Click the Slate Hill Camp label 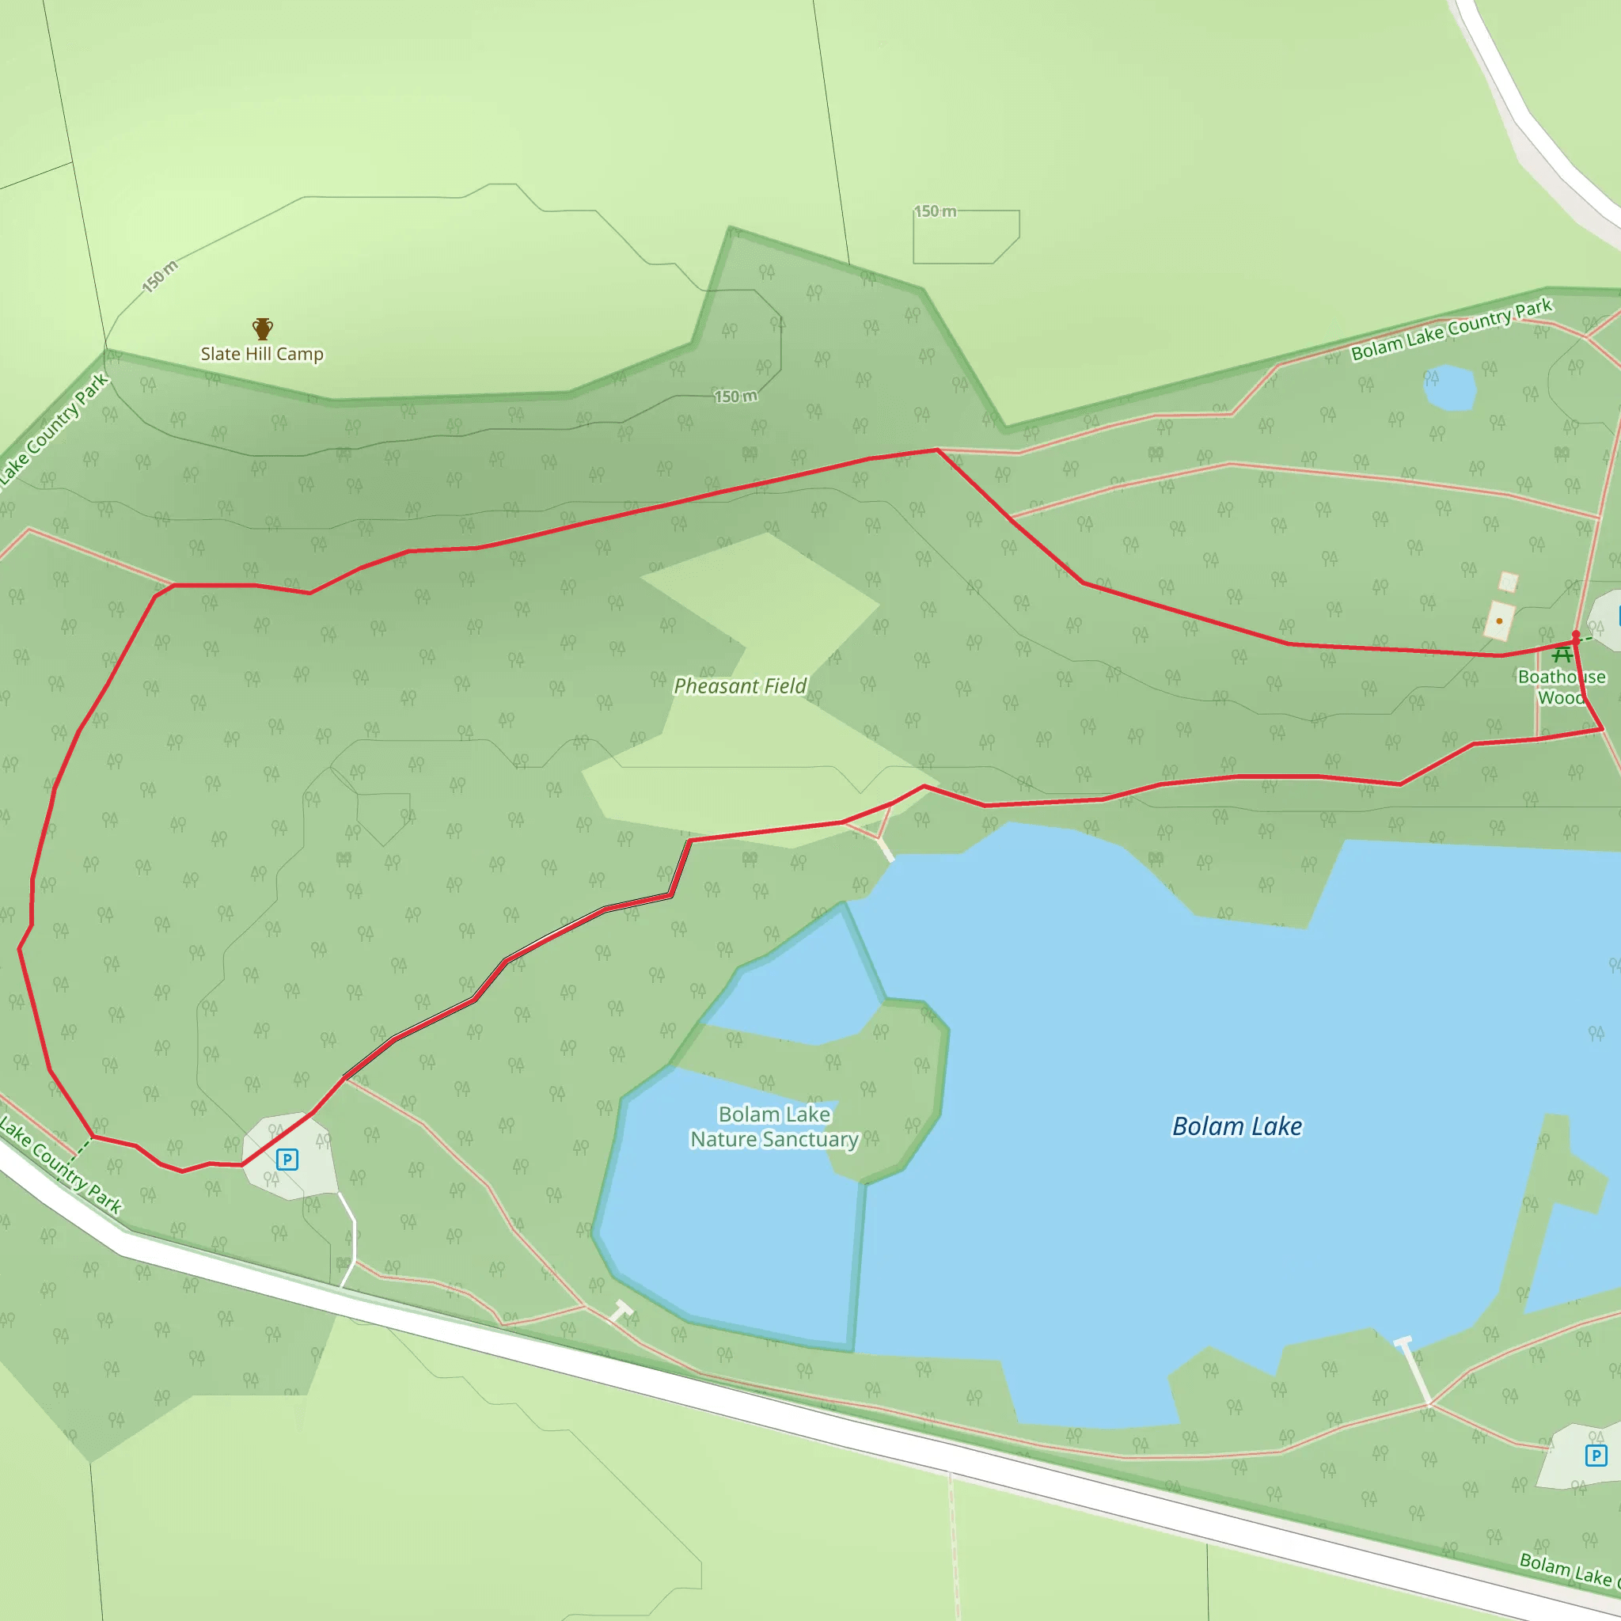(262, 354)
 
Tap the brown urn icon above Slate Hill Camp (263, 328)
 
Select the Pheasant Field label (740, 686)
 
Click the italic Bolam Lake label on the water (1237, 1126)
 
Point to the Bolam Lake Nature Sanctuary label (773, 1127)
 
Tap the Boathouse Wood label (1562, 687)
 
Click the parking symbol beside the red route (287, 1160)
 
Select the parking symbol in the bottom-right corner (1596, 1456)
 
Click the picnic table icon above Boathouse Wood (1562, 655)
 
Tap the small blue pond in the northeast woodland (1450, 388)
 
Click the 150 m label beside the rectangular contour (935, 211)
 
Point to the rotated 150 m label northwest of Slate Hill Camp (159, 276)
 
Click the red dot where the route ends (1576, 635)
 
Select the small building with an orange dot (1499, 621)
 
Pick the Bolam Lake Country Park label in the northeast (1452, 330)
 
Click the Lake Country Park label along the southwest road (60, 1164)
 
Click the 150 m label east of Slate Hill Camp (735, 397)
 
